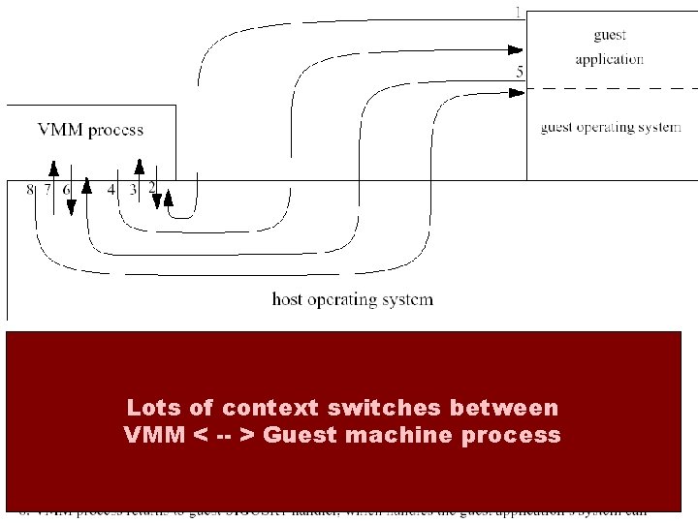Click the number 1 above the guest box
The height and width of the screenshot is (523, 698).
point(519,13)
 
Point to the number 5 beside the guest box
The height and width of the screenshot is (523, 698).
point(520,72)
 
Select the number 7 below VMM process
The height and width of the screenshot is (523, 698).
point(47,190)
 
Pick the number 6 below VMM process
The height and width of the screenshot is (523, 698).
point(67,190)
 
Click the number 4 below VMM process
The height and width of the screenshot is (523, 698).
point(111,190)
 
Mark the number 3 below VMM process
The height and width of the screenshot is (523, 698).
point(133,190)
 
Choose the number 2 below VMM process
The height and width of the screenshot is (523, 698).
point(152,190)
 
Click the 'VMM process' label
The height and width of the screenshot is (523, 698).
point(90,130)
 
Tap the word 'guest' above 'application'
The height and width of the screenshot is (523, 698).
point(610,36)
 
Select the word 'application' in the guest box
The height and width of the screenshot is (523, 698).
point(610,59)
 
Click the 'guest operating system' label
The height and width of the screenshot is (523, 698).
point(610,127)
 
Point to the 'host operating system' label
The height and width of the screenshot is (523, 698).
point(353,299)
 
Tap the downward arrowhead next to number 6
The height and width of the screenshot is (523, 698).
point(72,208)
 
